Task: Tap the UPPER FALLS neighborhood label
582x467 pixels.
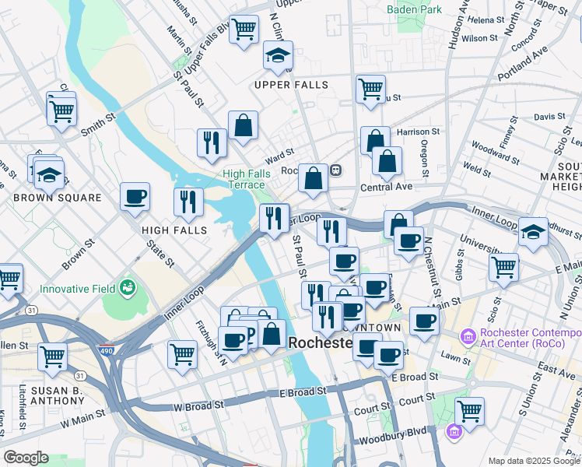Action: [x=291, y=84]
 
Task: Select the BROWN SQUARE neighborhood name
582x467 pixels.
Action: [x=57, y=198]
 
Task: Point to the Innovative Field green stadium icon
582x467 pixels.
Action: [x=127, y=290]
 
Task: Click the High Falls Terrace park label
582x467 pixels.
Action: [x=244, y=179]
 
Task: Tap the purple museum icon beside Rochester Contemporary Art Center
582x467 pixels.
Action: [x=468, y=336]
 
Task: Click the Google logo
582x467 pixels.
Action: [x=26, y=458]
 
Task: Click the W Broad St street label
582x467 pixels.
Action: [x=198, y=406]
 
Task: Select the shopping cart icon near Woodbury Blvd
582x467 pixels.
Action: [x=469, y=410]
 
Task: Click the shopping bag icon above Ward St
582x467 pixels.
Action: [x=243, y=125]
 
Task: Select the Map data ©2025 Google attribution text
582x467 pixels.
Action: [x=533, y=460]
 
